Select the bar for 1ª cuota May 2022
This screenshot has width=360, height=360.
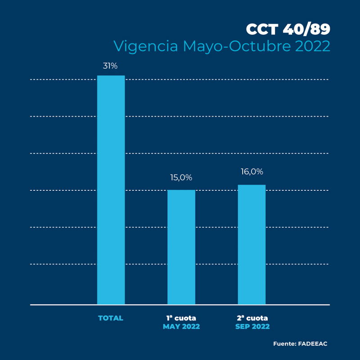tap(181, 247)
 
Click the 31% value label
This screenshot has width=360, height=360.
tap(110, 66)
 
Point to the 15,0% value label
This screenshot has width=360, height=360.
tap(181, 178)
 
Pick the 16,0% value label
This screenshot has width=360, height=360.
tap(252, 172)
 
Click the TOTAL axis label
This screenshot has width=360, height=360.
tap(111, 318)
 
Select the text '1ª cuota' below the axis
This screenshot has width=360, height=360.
tap(181, 318)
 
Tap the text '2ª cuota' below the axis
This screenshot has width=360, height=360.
tap(252, 318)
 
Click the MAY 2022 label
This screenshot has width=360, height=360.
tap(181, 327)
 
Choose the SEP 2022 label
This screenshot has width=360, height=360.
tap(252, 327)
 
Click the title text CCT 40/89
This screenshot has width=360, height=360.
tap(288, 29)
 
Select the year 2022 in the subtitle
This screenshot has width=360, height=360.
tap(313, 46)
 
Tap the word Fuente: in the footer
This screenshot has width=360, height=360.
tap(284, 344)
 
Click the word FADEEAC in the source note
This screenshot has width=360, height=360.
tap(313, 344)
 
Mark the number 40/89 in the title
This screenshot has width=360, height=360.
tap(306, 29)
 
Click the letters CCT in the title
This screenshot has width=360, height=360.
tap(262, 29)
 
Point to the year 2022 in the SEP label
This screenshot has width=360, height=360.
tap(261, 327)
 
